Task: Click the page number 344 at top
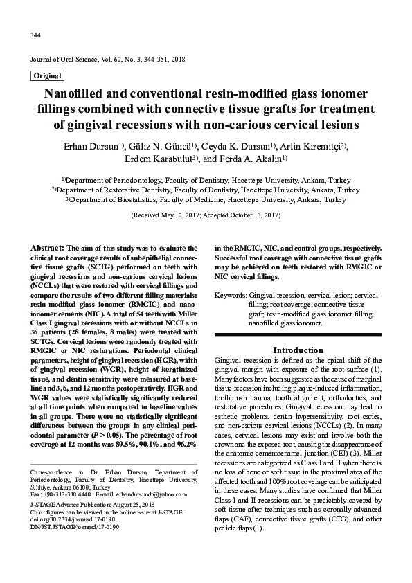tap(35, 35)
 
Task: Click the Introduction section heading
tap(298, 350)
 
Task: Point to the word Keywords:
tap(231, 295)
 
